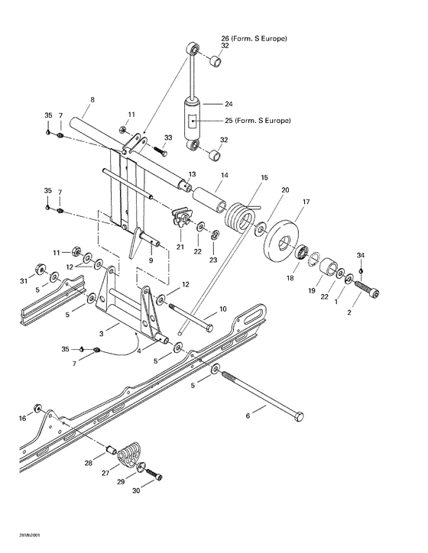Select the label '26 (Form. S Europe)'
click(x=254, y=37)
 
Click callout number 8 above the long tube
click(x=92, y=99)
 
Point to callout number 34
click(x=362, y=254)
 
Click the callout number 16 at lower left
click(x=23, y=418)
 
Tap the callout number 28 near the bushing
click(x=89, y=463)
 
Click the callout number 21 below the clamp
click(x=180, y=246)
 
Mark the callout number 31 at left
click(x=23, y=282)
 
